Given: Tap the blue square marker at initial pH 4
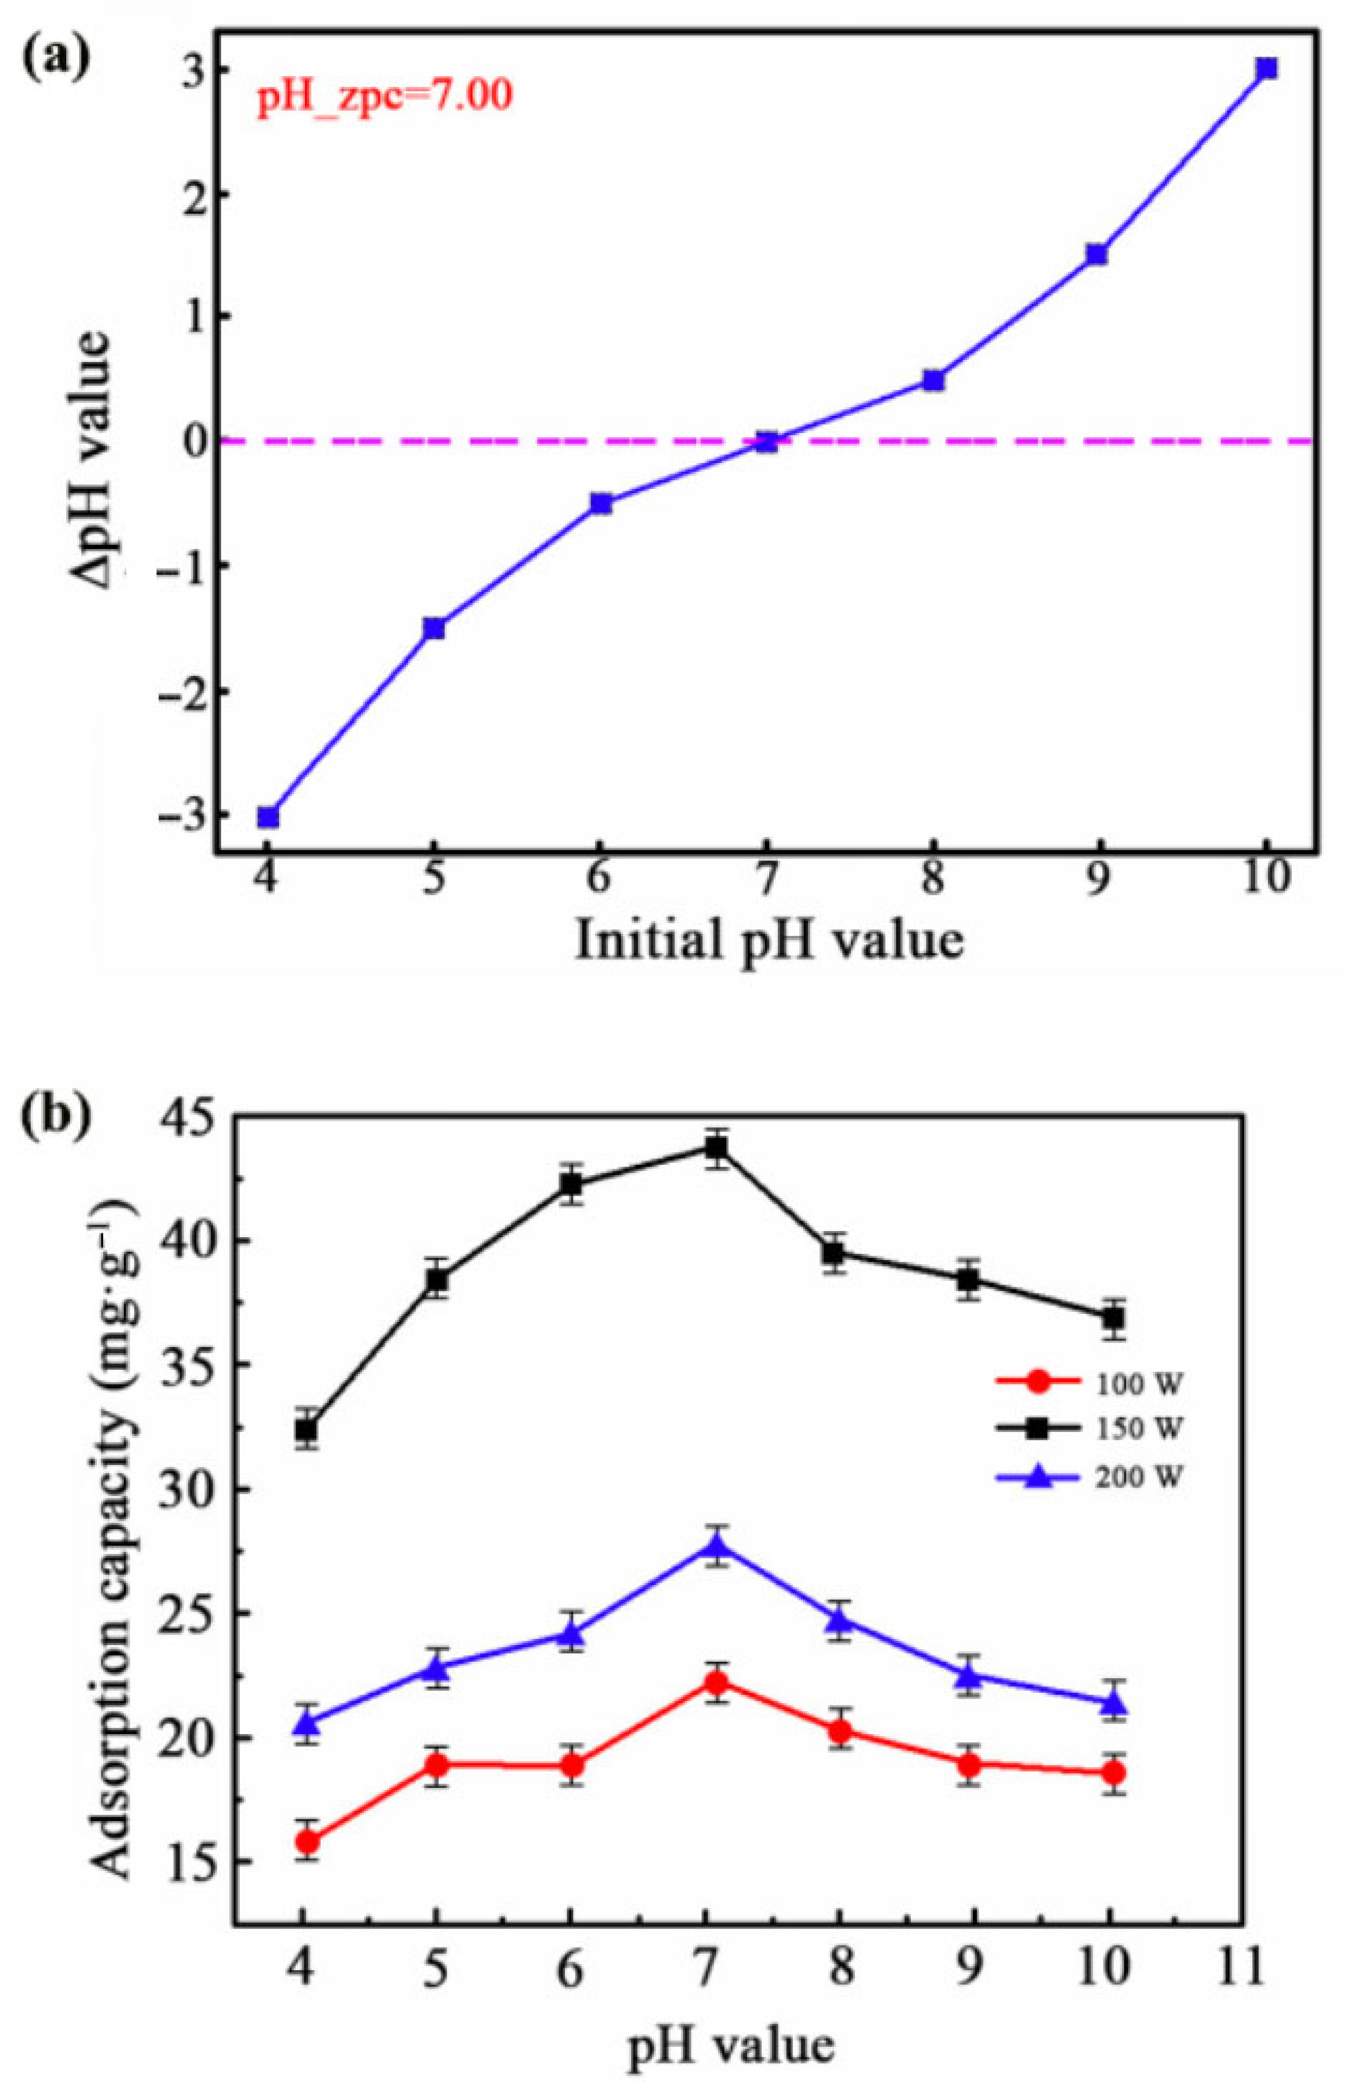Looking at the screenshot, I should tap(268, 817).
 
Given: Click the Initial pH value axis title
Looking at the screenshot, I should tap(769, 940).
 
